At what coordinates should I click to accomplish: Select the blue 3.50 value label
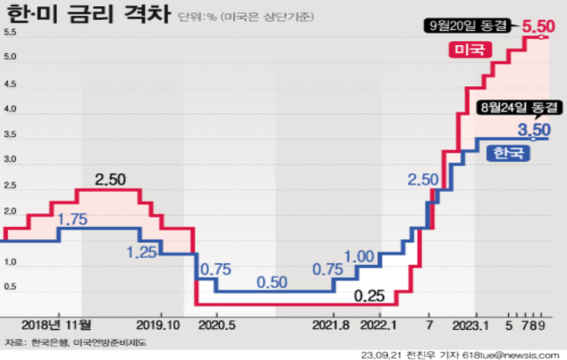[x=534, y=129]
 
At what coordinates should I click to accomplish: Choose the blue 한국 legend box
[x=509, y=152]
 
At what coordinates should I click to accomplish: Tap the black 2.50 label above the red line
[x=110, y=179]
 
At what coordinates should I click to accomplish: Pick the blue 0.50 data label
[x=272, y=281]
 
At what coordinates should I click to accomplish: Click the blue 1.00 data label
[x=360, y=257]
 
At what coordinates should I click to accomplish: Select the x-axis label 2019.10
[x=157, y=324]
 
